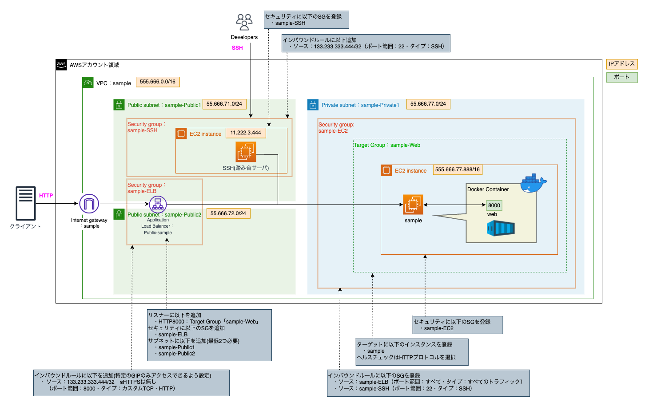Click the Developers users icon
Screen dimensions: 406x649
244,22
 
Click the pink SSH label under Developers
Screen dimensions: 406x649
237,48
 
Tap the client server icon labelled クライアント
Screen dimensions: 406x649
26,203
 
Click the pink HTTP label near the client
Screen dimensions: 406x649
46,196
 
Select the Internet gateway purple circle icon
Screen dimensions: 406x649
89,204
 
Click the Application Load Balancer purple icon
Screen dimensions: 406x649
158,205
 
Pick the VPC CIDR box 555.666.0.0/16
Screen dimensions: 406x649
158,82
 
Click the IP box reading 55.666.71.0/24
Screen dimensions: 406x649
224,104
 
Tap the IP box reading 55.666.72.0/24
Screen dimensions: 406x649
228,213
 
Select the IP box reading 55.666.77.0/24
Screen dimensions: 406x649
428,104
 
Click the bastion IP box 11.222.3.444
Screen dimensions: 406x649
246,133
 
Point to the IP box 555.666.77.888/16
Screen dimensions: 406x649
458,170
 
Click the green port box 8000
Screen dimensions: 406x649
494,205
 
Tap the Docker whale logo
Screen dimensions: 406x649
533,183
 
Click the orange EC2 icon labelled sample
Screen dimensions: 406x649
413,205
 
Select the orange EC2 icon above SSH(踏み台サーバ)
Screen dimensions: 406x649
246,152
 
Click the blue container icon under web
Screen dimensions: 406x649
501,229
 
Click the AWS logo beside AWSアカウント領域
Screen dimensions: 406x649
61,65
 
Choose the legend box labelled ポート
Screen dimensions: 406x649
622,77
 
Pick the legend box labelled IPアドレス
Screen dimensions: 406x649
622,64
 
